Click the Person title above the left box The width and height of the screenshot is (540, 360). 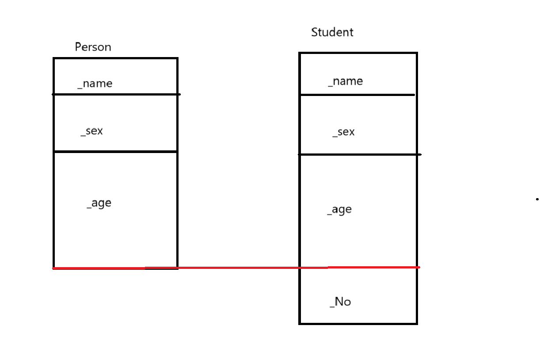tap(93, 47)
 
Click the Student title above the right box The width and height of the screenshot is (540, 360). tap(332, 32)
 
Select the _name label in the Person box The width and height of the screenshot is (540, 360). tap(95, 84)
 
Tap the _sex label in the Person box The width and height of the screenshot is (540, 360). tap(91, 131)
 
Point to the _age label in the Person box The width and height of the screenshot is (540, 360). tap(99, 203)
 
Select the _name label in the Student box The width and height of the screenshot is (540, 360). tap(346, 81)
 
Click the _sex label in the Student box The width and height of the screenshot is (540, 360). tap(343, 132)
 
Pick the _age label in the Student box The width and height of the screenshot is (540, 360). tap(339, 210)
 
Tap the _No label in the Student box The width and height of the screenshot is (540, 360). tap(340, 302)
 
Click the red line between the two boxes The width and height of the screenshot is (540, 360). tap(239, 268)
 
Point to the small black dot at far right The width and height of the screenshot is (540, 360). tap(537, 199)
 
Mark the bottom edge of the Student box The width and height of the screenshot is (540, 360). tap(358, 323)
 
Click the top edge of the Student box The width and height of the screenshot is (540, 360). tap(358, 53)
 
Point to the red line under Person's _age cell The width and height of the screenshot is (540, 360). tap(115, 268)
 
